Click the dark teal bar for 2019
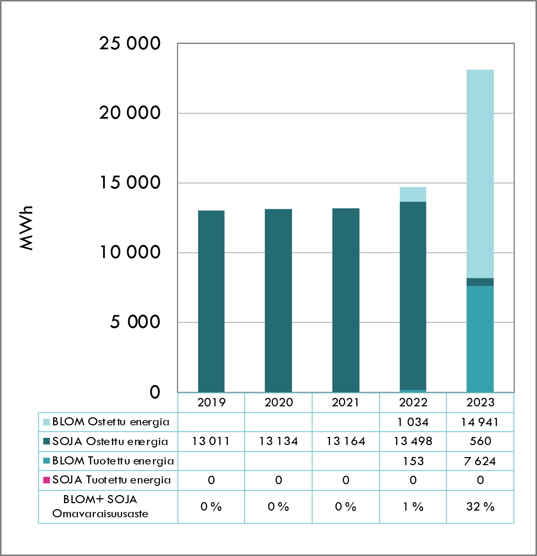pyautogui.click(x=211, y=301)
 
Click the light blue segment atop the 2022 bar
pyautogui.click(x=413, y=194)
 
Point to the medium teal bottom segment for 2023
pyautogui.click(x=480, y=339)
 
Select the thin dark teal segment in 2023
pyautogui.click(x=480, y=282)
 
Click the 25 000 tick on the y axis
pyautogui.click(x=130, y=44)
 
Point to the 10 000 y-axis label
pyautogui.click(x=130, y=252)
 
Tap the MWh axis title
pyautogui.click(x=26, y=228)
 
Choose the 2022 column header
pyautogui.click(x=413, y=402)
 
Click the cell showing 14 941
pyautogui.click(x=480, y=422)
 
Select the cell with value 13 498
pyautogui.click(x=413, y=441)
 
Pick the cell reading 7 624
pyautogui.click(x=480, y=461)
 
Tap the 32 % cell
pyautogui.click(x=480, y=507)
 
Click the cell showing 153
pyautogui.click(x=413, y=461)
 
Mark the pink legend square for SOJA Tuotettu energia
pyautogui.click(x=46, y=480)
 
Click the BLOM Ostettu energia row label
pyautogui.click(x=111, y=422)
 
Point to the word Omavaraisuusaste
pyautogui.click(x=100, y=514)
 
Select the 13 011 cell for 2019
pyautogui.click(x=211, y=441)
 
